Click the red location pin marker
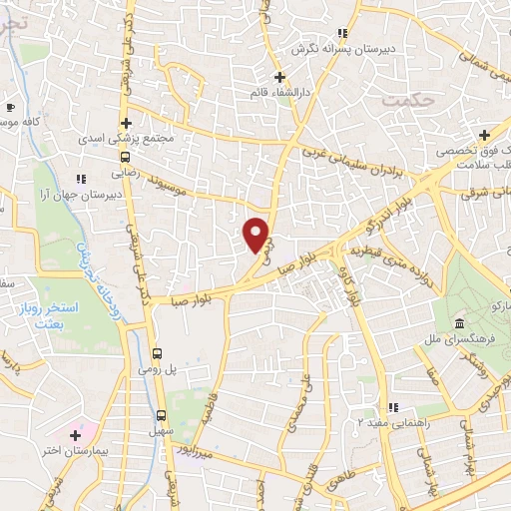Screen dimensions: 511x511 pyautogui.click(x=257, y=235)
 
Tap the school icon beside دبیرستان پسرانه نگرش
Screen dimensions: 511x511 pyautogui.click(x=342, y=33)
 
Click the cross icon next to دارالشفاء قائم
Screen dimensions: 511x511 pyautogui.click(x=280, y=77)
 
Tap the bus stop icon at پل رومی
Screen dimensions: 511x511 pyautogui.click(x=157, y=352)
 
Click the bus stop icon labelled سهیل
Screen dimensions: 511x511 pyautogui.click(x=161, y=414)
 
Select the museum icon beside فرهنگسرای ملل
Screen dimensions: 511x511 pyautogui.click(x=458, y=324)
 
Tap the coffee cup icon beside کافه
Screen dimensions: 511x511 pyautogui.click(x=11, y=107)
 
